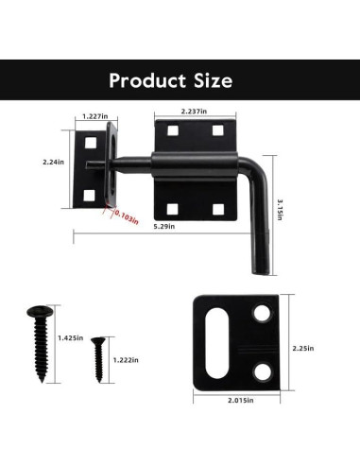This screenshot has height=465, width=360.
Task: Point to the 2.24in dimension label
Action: pyautogui.click(x=55, y=162)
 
